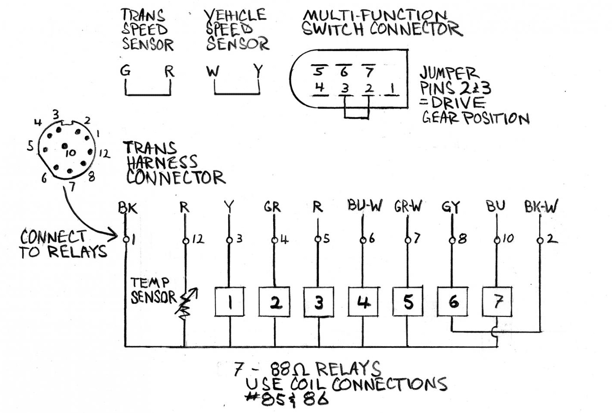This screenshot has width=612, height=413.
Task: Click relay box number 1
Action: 230,302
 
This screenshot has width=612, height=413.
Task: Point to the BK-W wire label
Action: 541,207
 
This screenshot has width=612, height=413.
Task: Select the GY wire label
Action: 451,207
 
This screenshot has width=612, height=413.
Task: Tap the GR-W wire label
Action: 408,206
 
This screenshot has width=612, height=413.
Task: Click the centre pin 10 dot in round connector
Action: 64,146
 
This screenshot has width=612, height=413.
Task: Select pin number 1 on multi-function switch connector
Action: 392,88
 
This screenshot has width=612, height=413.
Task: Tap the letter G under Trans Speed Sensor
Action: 126,71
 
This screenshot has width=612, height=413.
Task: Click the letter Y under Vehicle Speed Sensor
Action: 258,71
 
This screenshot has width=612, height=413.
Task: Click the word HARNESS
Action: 162,163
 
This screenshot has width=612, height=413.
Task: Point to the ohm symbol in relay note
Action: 304,370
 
